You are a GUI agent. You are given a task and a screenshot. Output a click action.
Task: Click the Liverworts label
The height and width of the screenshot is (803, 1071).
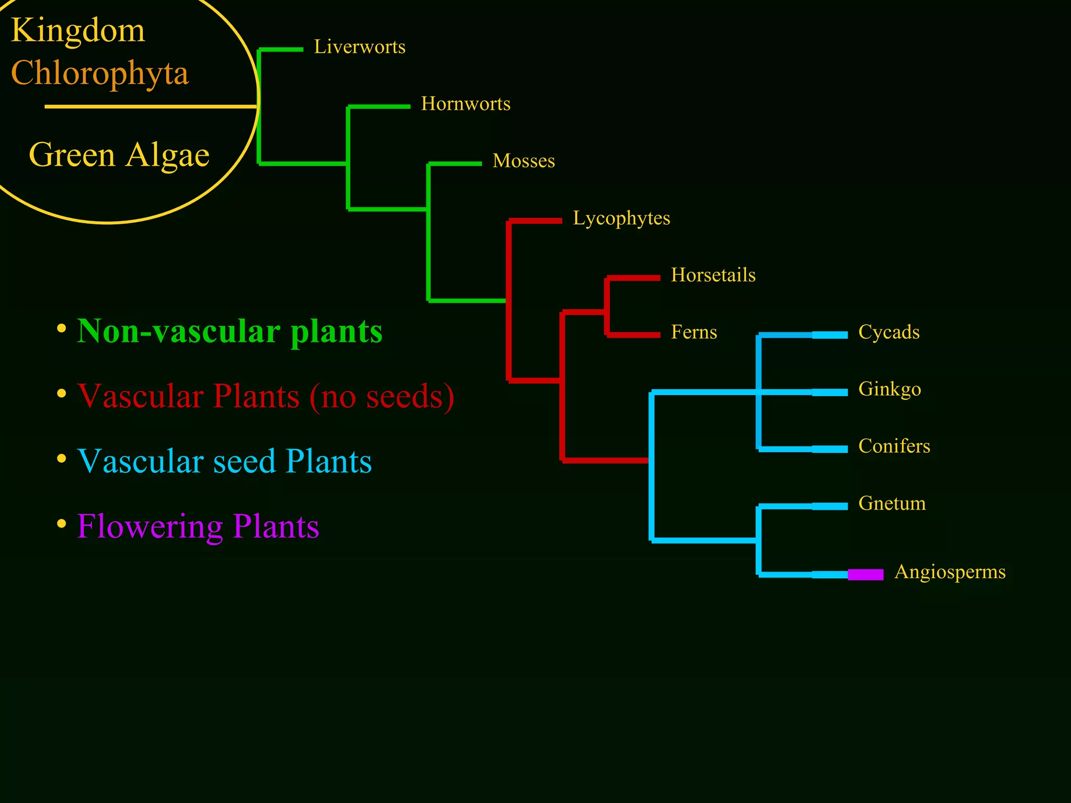click(x=359, y=47)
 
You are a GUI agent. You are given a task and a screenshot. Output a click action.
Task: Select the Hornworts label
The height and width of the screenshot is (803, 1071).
click(x=465, y=104)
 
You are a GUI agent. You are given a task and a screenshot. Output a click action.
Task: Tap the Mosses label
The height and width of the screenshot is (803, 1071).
click(x=523, y=161)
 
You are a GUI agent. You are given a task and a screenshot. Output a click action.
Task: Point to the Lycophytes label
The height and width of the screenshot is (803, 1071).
click(x=621, y=218)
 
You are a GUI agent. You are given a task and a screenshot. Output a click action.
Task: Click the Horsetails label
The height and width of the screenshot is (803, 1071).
click(x=713, y=275)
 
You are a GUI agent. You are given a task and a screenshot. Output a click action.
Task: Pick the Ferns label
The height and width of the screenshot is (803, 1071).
click(x=693, y=332)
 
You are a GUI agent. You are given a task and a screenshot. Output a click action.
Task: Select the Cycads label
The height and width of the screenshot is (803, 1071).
click(x=888, y=332)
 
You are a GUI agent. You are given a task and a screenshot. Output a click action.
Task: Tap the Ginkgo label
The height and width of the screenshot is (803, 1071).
click(x=889, y=389)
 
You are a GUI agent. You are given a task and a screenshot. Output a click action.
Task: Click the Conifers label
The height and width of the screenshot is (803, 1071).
click(x=894, y=446)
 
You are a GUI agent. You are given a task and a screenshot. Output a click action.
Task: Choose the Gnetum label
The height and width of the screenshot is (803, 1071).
click(x=892, y=503)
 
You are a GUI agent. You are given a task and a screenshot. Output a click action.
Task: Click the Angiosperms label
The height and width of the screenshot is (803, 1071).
click(x=950, y=572)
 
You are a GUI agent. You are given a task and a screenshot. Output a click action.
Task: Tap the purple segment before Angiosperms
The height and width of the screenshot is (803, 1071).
click(x=865, y=575)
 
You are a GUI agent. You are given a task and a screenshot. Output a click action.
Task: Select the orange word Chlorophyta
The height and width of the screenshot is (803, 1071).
click(x=99, y=73)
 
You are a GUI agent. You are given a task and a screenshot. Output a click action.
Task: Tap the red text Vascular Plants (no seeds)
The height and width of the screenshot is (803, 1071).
click(x=266, y=396)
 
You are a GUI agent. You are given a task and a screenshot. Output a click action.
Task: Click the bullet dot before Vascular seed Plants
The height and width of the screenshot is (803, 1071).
click(x=62, y=459)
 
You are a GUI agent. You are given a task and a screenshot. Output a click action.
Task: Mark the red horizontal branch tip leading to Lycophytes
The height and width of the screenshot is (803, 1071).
click(x=536, y=221)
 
